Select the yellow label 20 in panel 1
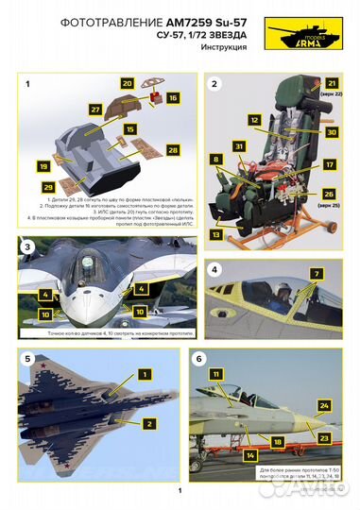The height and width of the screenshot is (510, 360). [126, 83]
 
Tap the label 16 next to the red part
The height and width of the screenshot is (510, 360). [172, 97]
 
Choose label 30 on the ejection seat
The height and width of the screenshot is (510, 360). [331, 133]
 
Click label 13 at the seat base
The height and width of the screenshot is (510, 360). [216, 232]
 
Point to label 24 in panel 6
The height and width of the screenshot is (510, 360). [323, 406]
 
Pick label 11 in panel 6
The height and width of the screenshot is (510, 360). [216, 375]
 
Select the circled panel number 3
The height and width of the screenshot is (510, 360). [29, 246]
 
